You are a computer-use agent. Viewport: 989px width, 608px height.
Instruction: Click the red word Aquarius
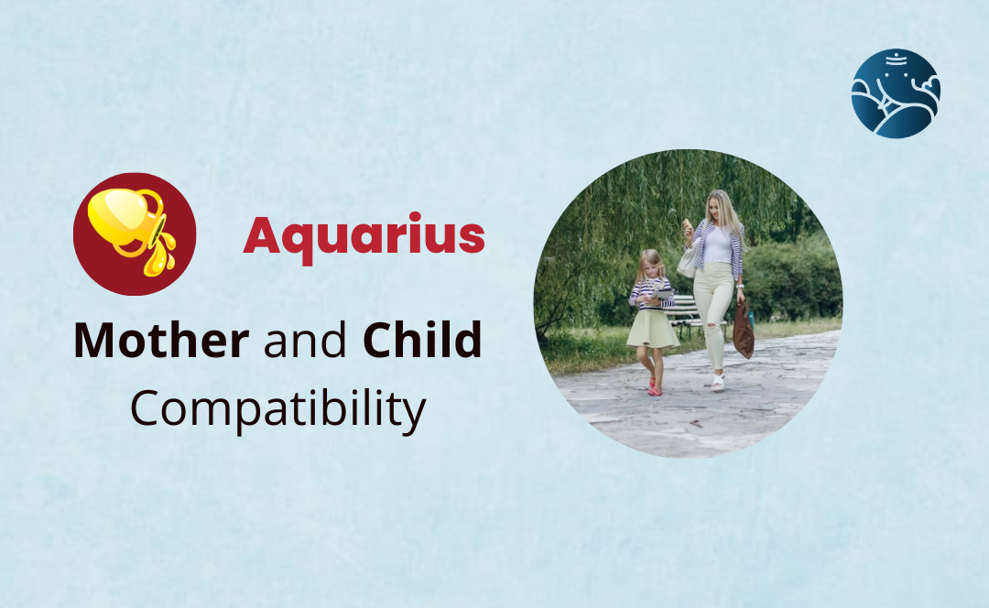coord(364,237)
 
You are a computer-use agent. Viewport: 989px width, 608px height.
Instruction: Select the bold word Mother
coord(160,342)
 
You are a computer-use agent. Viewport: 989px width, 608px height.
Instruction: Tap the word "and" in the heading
coord(306,342)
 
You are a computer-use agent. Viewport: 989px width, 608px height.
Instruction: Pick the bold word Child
coord(422,342)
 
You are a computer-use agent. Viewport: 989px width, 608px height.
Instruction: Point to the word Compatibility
coord(277,409)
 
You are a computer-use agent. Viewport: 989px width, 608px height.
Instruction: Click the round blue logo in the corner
coord(895,93)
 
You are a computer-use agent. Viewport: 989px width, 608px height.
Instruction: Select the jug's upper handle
coord(151,203)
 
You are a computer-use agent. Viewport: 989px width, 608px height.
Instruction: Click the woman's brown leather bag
coord(743,332)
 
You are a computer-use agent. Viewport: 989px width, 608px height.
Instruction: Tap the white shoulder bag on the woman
coord(686,262)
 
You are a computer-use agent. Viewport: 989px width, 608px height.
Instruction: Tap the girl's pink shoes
coord(654,387)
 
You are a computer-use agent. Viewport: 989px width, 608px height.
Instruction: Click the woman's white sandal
coord(718,381)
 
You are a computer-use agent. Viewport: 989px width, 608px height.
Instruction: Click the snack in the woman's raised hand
coord(686,224)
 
